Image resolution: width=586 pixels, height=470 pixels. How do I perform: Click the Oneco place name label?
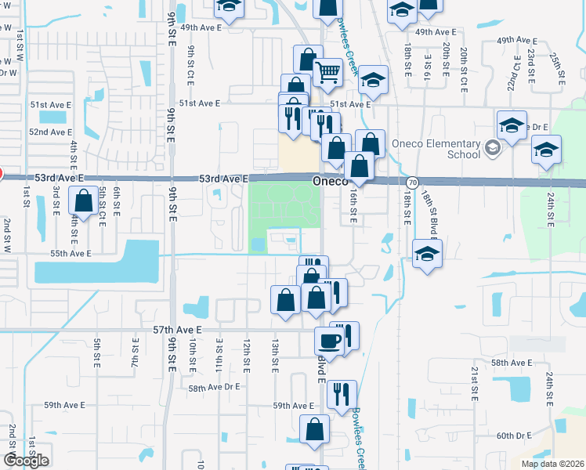pyautogui.click(x=329, y=181)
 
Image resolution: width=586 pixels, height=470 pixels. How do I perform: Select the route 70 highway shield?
pyautogui.click(x=412, y=182)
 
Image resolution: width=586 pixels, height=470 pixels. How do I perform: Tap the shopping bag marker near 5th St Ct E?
pyautogui.click(x=83, y=201)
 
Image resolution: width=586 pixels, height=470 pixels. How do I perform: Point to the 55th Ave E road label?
pyautogui.click(x=71, y=254)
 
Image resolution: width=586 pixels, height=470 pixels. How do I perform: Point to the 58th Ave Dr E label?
pyautogui.click(x=214, y=388)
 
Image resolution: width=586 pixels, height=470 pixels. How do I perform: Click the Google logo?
pyautogui.click(x=26, y=460)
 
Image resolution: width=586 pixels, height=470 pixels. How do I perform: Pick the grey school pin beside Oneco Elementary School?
pyautogui.click(x=491, y=147)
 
